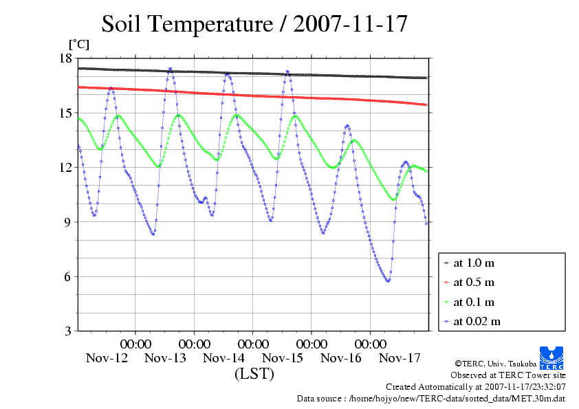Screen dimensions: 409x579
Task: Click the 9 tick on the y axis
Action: point(68,222)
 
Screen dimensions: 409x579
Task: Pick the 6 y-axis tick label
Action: point(68,276)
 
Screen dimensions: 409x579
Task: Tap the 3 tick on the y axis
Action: point(68,331)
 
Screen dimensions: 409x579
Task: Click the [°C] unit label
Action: point(78,44)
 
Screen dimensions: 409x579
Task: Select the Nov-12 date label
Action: point(107,358)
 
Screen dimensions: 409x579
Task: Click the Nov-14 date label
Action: point(224,358)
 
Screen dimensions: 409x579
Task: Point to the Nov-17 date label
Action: point(400,358)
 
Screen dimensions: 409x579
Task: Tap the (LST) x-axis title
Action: point(254,374)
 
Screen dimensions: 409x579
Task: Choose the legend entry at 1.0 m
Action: point(474,263)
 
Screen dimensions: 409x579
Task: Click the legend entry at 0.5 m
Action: point(474,283)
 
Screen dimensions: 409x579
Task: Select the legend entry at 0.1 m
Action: point(474,302)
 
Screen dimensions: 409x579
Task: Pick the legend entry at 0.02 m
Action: point(477,321)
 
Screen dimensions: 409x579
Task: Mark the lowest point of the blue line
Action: point(389,280)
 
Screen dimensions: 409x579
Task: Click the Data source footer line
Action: point(431,398)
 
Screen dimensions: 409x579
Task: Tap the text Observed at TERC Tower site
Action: point(508,375)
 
